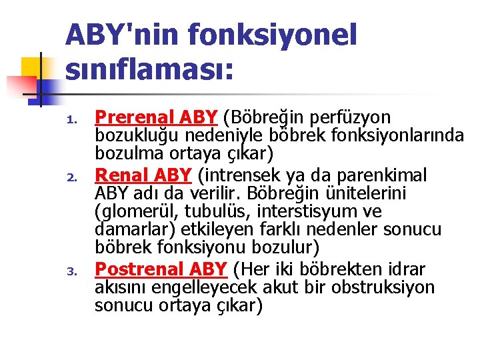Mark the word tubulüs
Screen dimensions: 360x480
(214, 212)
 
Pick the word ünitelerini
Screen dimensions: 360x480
(369, 194)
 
